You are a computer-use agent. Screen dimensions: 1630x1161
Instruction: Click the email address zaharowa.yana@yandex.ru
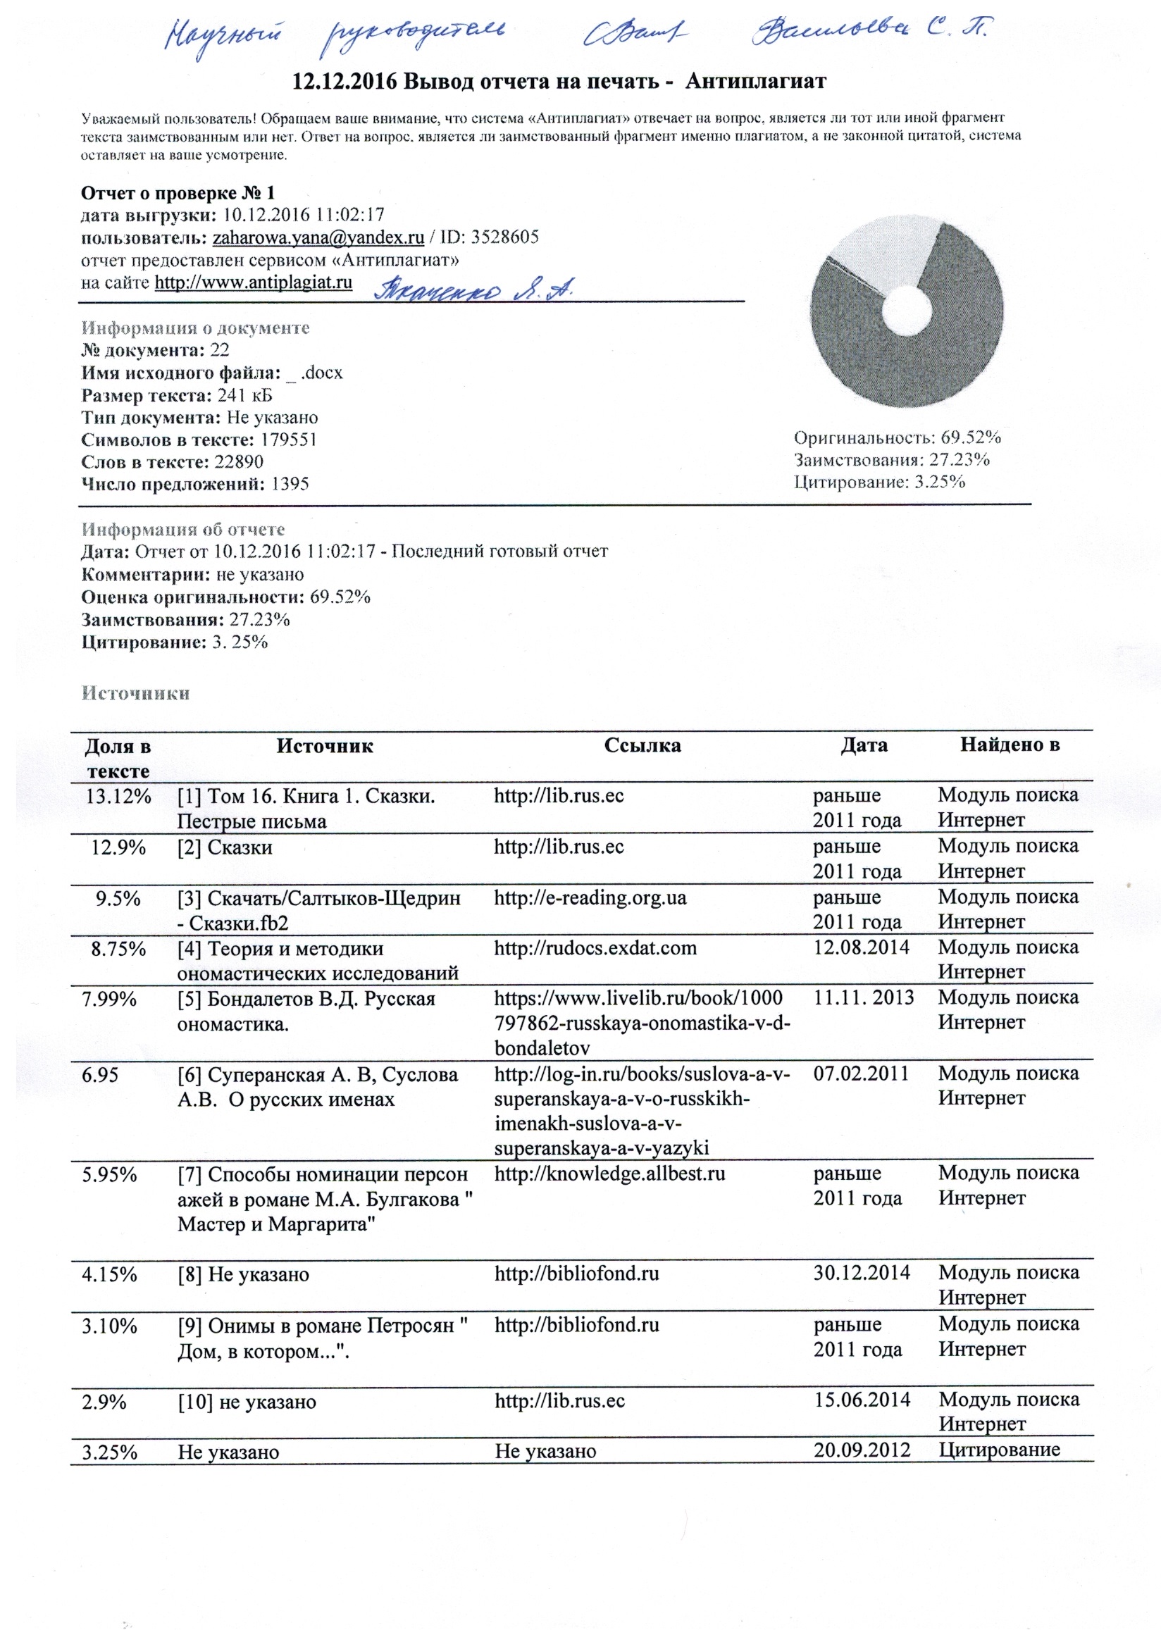click(x=318, y=238)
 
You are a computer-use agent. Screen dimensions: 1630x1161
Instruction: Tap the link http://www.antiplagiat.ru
click(x=253, y=283)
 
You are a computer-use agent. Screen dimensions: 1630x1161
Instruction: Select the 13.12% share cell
click(x=118, y=796)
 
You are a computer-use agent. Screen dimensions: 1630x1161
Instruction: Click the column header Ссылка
click(x=642, y=746)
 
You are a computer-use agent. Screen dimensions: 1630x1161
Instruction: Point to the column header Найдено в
click(x=1010, y=745)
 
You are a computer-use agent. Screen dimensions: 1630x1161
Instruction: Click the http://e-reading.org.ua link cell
click(x=590, y=898)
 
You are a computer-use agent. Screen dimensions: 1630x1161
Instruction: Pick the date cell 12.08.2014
click(x=862, y=948)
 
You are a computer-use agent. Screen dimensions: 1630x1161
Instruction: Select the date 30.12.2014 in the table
click(x=862, y=1273)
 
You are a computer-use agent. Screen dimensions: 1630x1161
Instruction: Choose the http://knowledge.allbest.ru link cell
click(x=609, y=1174)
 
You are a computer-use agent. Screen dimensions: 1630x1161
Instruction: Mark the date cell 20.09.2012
click(x=862, y=1450)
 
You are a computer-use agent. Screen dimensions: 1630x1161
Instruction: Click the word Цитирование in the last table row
click(x=999, y=1450)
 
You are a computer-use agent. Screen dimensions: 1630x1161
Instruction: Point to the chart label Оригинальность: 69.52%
click(x=897, y=438)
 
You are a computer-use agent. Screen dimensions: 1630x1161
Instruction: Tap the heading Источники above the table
click(x=135, y=693)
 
